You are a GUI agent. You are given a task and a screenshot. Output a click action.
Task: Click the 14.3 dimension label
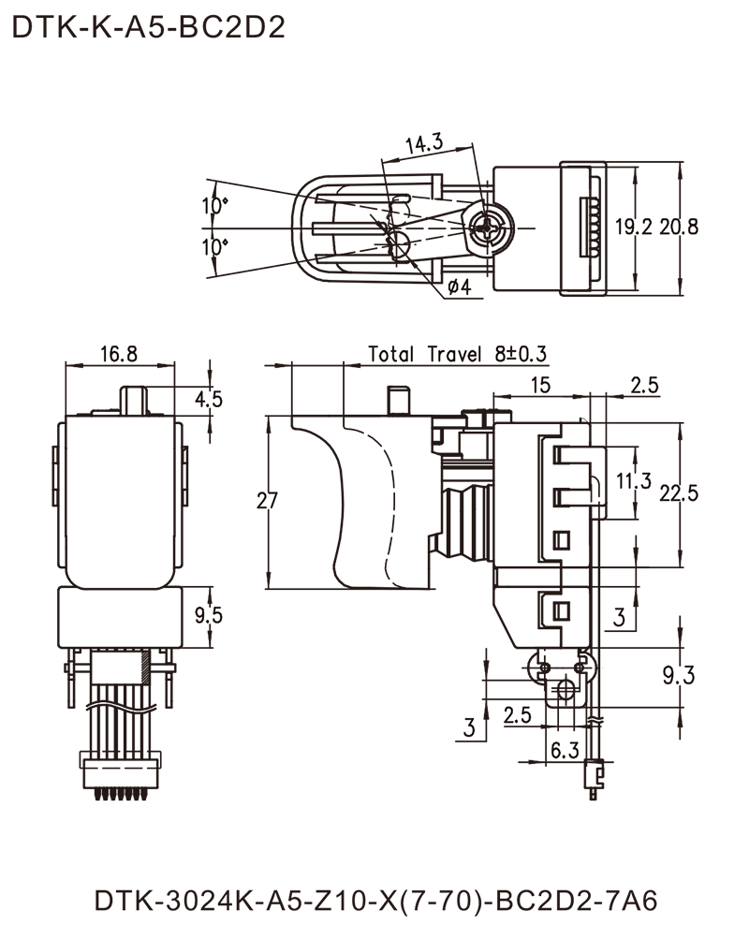[x=425, y=143]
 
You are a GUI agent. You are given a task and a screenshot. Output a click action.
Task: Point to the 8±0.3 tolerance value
[x=521, y=355]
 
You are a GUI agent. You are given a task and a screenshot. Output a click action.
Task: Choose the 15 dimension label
[x=540, y=384]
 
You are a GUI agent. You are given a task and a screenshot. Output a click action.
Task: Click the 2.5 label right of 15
[x=645, y=386]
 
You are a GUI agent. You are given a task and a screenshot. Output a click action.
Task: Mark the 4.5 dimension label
[x=210, y=402]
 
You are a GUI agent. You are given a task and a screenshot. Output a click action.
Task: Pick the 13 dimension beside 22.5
[x=639, y=480]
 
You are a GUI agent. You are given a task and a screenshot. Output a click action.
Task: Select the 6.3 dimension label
[x=566, y=749]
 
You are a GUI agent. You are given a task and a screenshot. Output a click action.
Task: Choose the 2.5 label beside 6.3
[x=518, y=715]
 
